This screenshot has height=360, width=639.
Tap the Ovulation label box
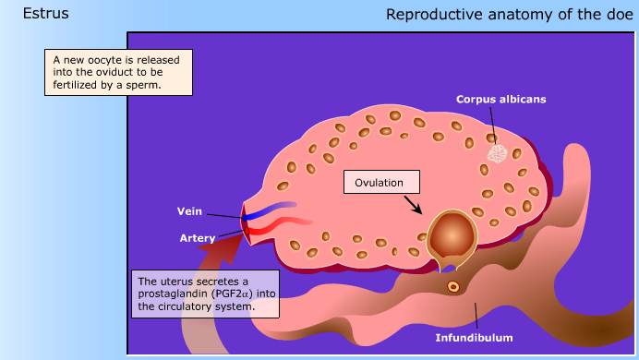[x=380, y=182]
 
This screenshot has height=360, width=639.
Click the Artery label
[x=197, y=238]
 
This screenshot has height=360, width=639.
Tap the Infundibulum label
[x=474, y=338]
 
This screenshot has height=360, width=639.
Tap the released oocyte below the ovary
[x=452, y=286]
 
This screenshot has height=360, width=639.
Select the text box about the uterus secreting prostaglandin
[x=203, y=294]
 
